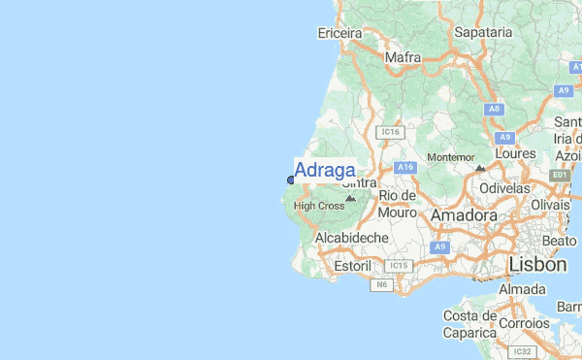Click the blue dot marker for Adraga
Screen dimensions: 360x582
(291, 180)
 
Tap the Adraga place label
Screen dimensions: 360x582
(324, 171)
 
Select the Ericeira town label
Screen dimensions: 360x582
(339, 33)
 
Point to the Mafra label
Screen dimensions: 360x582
(403, 58)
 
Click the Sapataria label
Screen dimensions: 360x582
(482, 32)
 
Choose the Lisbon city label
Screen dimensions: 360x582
(537, 264)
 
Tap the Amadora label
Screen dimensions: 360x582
(464, 214)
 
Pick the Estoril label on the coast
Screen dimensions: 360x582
(352, 265)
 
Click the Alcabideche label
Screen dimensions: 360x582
(352, 238)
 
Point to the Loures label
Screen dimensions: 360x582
(514, 153)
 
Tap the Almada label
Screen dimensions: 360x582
(522, 289)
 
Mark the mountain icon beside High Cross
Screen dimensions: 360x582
(351, 198)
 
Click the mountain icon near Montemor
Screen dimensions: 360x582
(480, 168)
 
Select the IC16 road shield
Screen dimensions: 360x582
(390, 131)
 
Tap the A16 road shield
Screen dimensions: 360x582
(404, 168)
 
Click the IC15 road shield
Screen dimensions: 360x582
(398, 265)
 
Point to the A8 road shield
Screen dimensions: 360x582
(494, 110)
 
